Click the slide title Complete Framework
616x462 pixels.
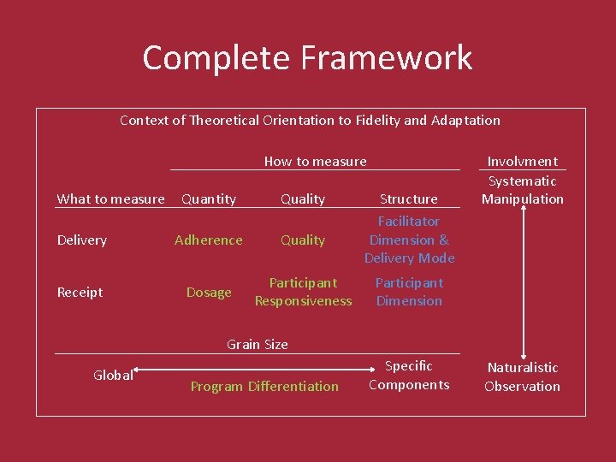[x=307, y=58]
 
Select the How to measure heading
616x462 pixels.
[x=315, y=161]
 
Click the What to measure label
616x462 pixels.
[x=110, y=198]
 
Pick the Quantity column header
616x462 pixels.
[x=209, y=198]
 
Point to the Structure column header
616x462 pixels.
[x=408, y=198]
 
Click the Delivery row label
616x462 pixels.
[x=82, y=240]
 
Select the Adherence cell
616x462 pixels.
[x=209, y=240]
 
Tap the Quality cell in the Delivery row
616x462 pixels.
[x=303, y=240]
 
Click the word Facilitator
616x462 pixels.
[x=409, y=222]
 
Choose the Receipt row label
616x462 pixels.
[x=80, y=293]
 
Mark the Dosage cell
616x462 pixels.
[x=209, y=293]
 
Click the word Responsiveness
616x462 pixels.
[x=303, y=301]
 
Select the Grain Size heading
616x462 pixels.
[x=257, y=344]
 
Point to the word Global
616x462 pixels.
[x=113, y=375]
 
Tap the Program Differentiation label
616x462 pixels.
[x=264, y=386]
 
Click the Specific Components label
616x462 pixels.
[x=409, y=375]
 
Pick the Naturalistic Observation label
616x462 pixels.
[x=522, y=376]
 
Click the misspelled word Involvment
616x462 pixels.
[x=522, y=161]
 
